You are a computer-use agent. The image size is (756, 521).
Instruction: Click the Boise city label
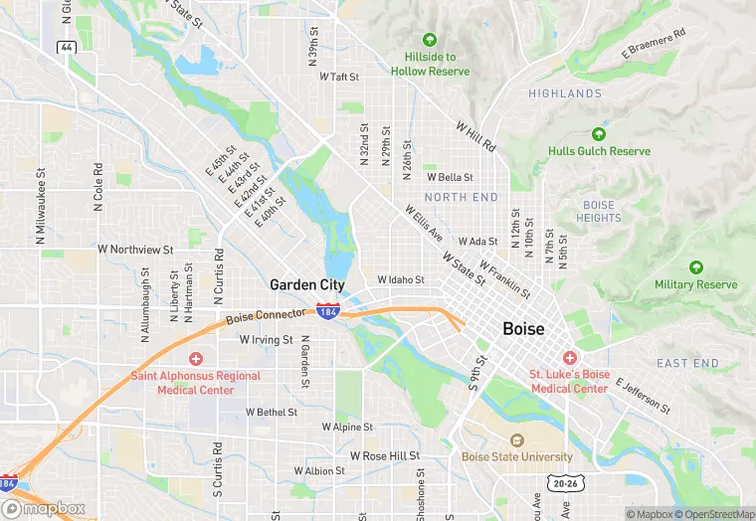pyautogui.click(x=523, y=328)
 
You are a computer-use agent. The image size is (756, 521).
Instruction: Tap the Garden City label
pyautogui.click(x=307, y=284)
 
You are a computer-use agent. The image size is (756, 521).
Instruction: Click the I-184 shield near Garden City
pyautogui.click(x=328, y=311)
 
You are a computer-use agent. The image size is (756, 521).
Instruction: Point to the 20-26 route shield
pyautogui.click(x=565, y=483)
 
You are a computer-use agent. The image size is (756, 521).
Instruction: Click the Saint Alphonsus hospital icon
pyautogui.click(x=196, y=358)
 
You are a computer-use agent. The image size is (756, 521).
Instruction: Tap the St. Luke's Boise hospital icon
pyautogui.click(x=569, y=357)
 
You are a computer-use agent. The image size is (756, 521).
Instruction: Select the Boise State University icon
pyautogui.click(x=516, y=440)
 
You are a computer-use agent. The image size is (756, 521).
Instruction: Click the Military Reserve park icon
pyautogui.click(x=695, y=267)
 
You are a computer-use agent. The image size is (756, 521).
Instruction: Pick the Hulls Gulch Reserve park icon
pyautogui.click(x=599, y=134)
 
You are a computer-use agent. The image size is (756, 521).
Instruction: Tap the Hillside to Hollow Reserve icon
pyautogui.click(x=430, y=41)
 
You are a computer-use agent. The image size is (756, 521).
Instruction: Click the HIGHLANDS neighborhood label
pyautogui.click(x=565, y=93)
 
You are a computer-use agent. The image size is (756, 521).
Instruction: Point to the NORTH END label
pyautogui.click(x=461, y=198)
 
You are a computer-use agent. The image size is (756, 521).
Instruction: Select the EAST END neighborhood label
pyautogui.click(x=687, y=363)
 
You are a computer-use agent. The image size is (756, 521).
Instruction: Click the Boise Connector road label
pyautogui.click(x=265, y=316)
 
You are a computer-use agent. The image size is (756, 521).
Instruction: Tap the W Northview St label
pyautogui.click(x=135, y=249)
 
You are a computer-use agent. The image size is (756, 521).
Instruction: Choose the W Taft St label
pyautogui.click(x=338, y=76)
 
